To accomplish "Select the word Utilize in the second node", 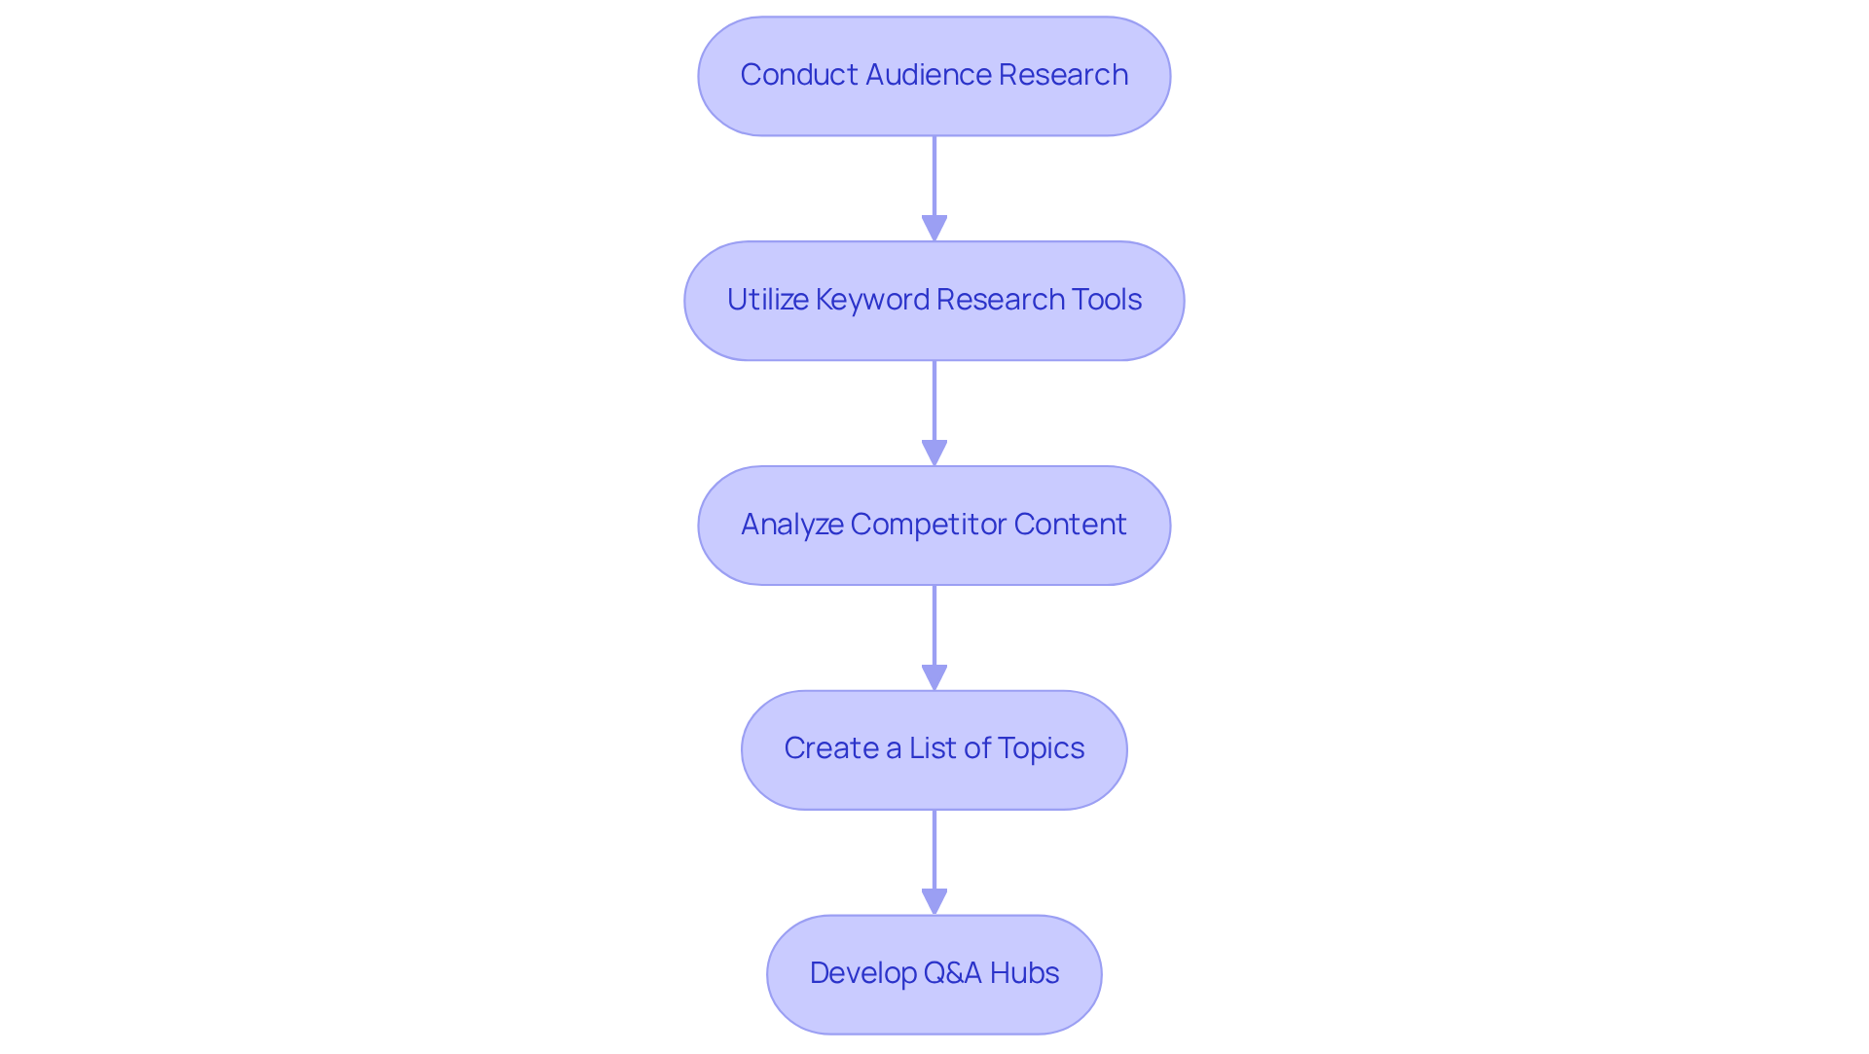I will pos(767,300).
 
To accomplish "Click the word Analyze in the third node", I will pos(791,525).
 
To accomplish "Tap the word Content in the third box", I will pos(1070,525).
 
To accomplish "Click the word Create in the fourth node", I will pos(831,748).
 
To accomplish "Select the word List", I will pos(933,748).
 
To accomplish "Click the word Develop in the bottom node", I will pos(861,973).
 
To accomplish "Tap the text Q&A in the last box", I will pos(952,973).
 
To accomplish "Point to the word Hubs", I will pos(1024,973).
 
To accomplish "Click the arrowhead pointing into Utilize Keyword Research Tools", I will pos(934,229).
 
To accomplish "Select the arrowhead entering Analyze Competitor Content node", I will pos(934,454).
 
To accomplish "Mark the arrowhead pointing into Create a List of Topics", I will pos(934,678).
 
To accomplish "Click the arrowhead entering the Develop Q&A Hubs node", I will pos(934,902).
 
